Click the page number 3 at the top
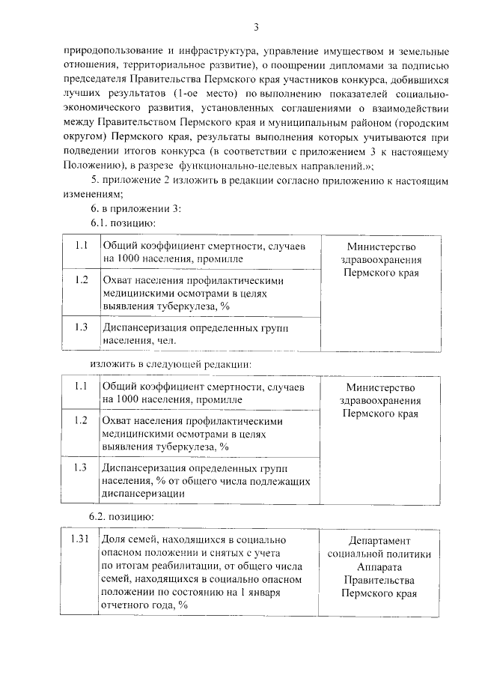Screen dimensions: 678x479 coord(255,28)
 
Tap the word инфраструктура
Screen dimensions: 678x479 coord(219,51)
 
